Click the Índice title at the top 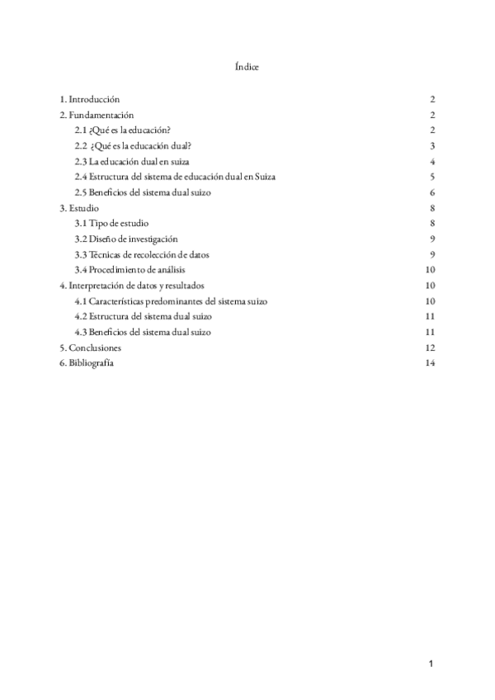[x=247, y=67]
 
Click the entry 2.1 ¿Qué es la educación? [x=122, y=130]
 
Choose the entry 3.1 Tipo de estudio [x=112, y=224]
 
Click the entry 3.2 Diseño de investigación [x=126, y=239]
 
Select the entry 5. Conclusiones [x=91, y=348]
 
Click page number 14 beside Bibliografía [x=430, y=364]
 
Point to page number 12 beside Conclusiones [x=430, y=348]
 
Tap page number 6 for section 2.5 [x=432, y=192]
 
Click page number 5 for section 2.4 [x=432, y=177]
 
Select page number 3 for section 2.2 [x=432, y=146]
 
